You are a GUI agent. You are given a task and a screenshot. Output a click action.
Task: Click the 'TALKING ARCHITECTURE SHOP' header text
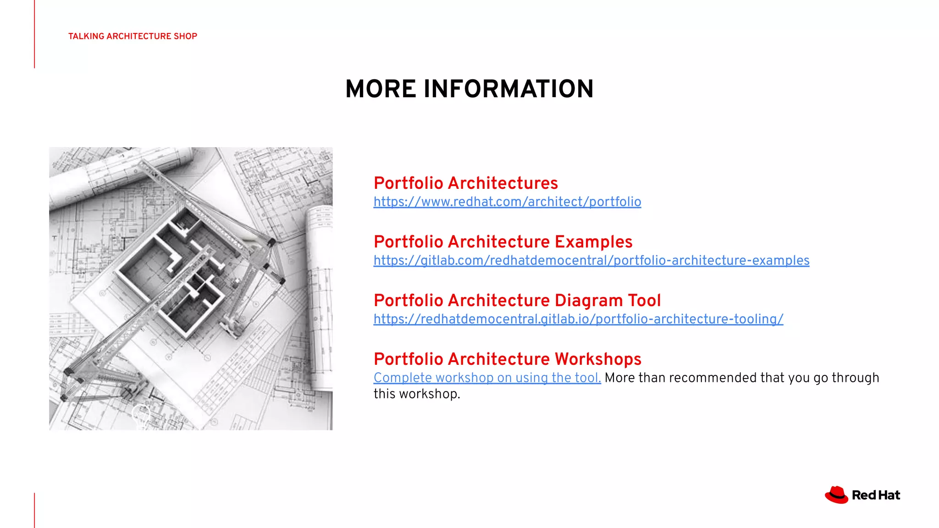click(133, 36)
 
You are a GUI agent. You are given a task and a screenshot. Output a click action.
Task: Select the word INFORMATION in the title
click(508, 89)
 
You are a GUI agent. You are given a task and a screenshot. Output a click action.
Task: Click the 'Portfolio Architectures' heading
click(465, 183)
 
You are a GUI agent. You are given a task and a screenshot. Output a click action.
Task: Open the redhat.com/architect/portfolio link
click(507, 202)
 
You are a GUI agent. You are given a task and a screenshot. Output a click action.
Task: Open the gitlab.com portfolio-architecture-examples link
click(591, 261)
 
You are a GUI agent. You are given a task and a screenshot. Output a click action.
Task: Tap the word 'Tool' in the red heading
click(644, 301)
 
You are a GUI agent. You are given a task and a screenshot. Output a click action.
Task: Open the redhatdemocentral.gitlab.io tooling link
click(578, 319)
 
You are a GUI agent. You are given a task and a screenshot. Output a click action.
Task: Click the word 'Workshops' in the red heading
click(598, 359)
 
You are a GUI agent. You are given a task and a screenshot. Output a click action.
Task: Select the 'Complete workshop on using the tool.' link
click(487, 378)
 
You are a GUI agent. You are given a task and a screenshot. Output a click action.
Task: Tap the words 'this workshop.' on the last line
click(416, 394)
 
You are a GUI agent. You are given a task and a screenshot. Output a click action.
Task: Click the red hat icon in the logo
click(836, 495)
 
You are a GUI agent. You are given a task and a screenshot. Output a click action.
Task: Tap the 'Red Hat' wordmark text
click(876, 495)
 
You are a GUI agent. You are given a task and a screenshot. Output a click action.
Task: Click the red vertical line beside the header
click(34, 34)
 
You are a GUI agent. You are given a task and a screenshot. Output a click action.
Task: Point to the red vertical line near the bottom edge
click(34, 510)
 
